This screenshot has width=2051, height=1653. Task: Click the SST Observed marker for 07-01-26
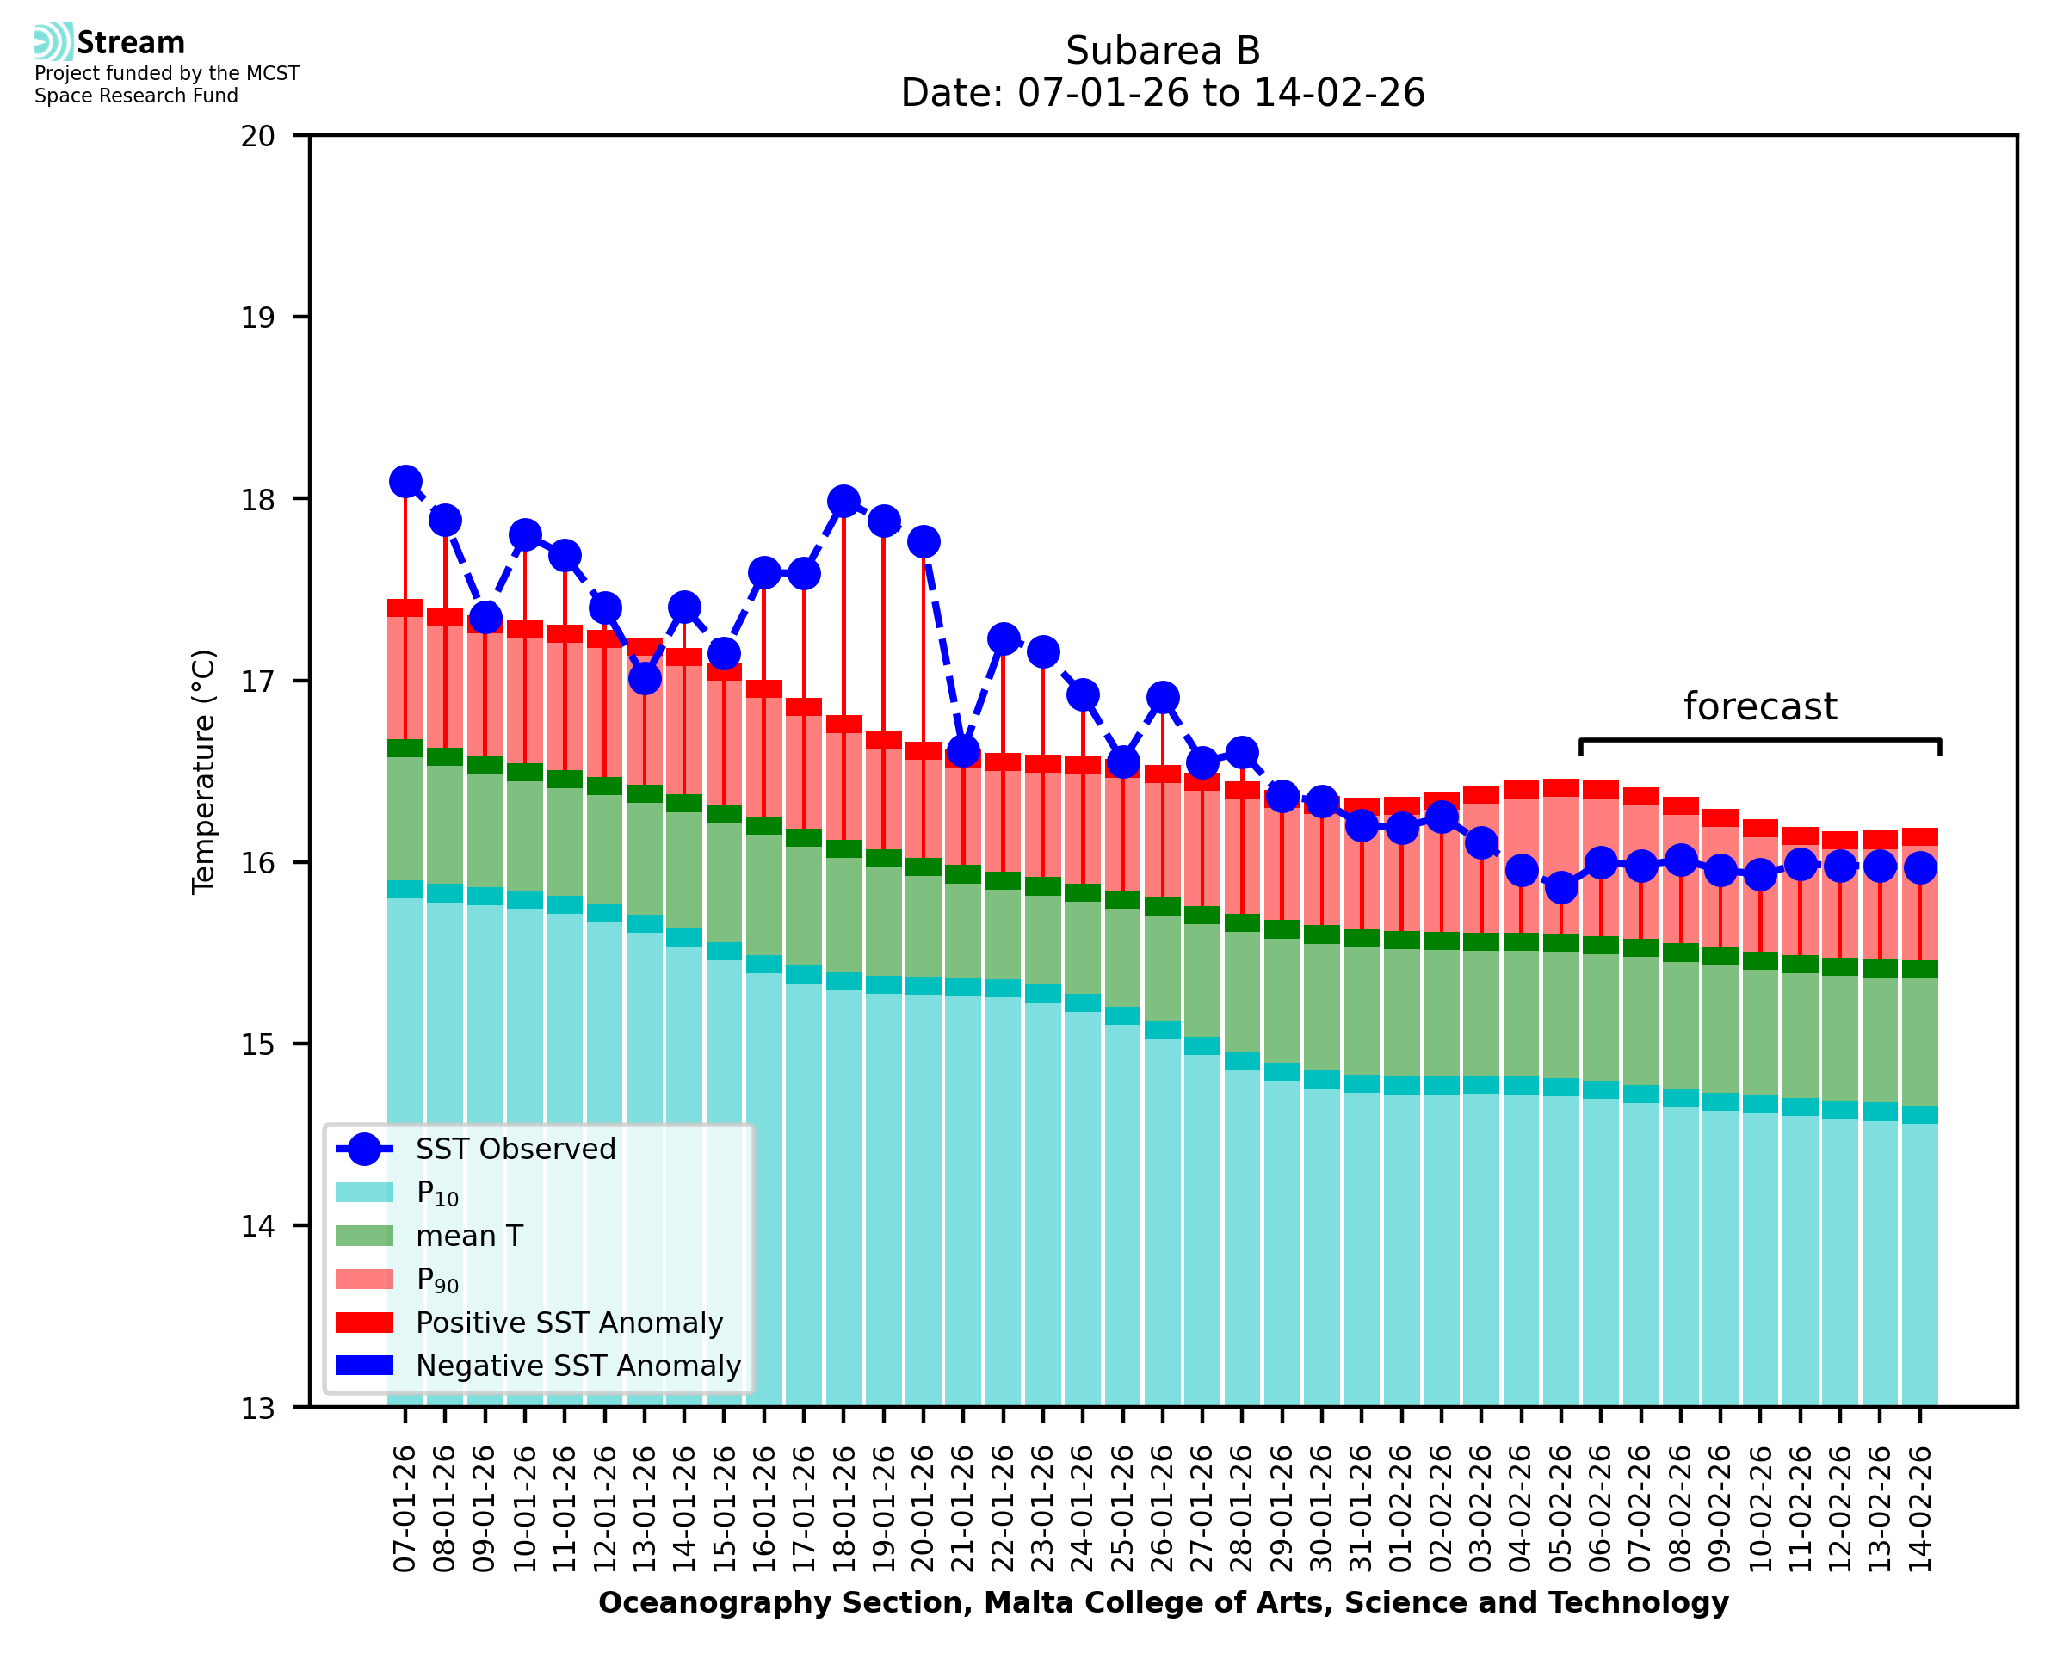click(405, 482)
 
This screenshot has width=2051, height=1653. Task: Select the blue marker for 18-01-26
click(843, 501)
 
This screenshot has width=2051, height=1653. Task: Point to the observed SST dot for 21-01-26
click(962, 751)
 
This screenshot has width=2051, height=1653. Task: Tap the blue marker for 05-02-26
click(1560, 887)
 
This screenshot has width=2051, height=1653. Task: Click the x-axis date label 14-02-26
click(1919, 1509)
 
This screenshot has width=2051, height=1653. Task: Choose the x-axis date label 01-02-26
click(1401, 1509)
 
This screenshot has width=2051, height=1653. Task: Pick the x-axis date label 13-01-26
click(645, 1509)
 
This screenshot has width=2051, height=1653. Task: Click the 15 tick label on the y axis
click(258, 1045)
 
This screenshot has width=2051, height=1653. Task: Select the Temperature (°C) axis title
click(204, 771)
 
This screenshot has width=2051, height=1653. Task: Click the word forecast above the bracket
click(1759, 706)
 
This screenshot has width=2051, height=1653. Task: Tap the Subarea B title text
click(1163, 51)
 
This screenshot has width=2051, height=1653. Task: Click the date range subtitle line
click(1163, 93)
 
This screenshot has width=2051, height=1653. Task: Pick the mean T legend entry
click(469, 1236)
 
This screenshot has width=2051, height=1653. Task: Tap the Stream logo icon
click(53, 42)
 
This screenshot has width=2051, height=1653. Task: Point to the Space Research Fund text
click(136, 96)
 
